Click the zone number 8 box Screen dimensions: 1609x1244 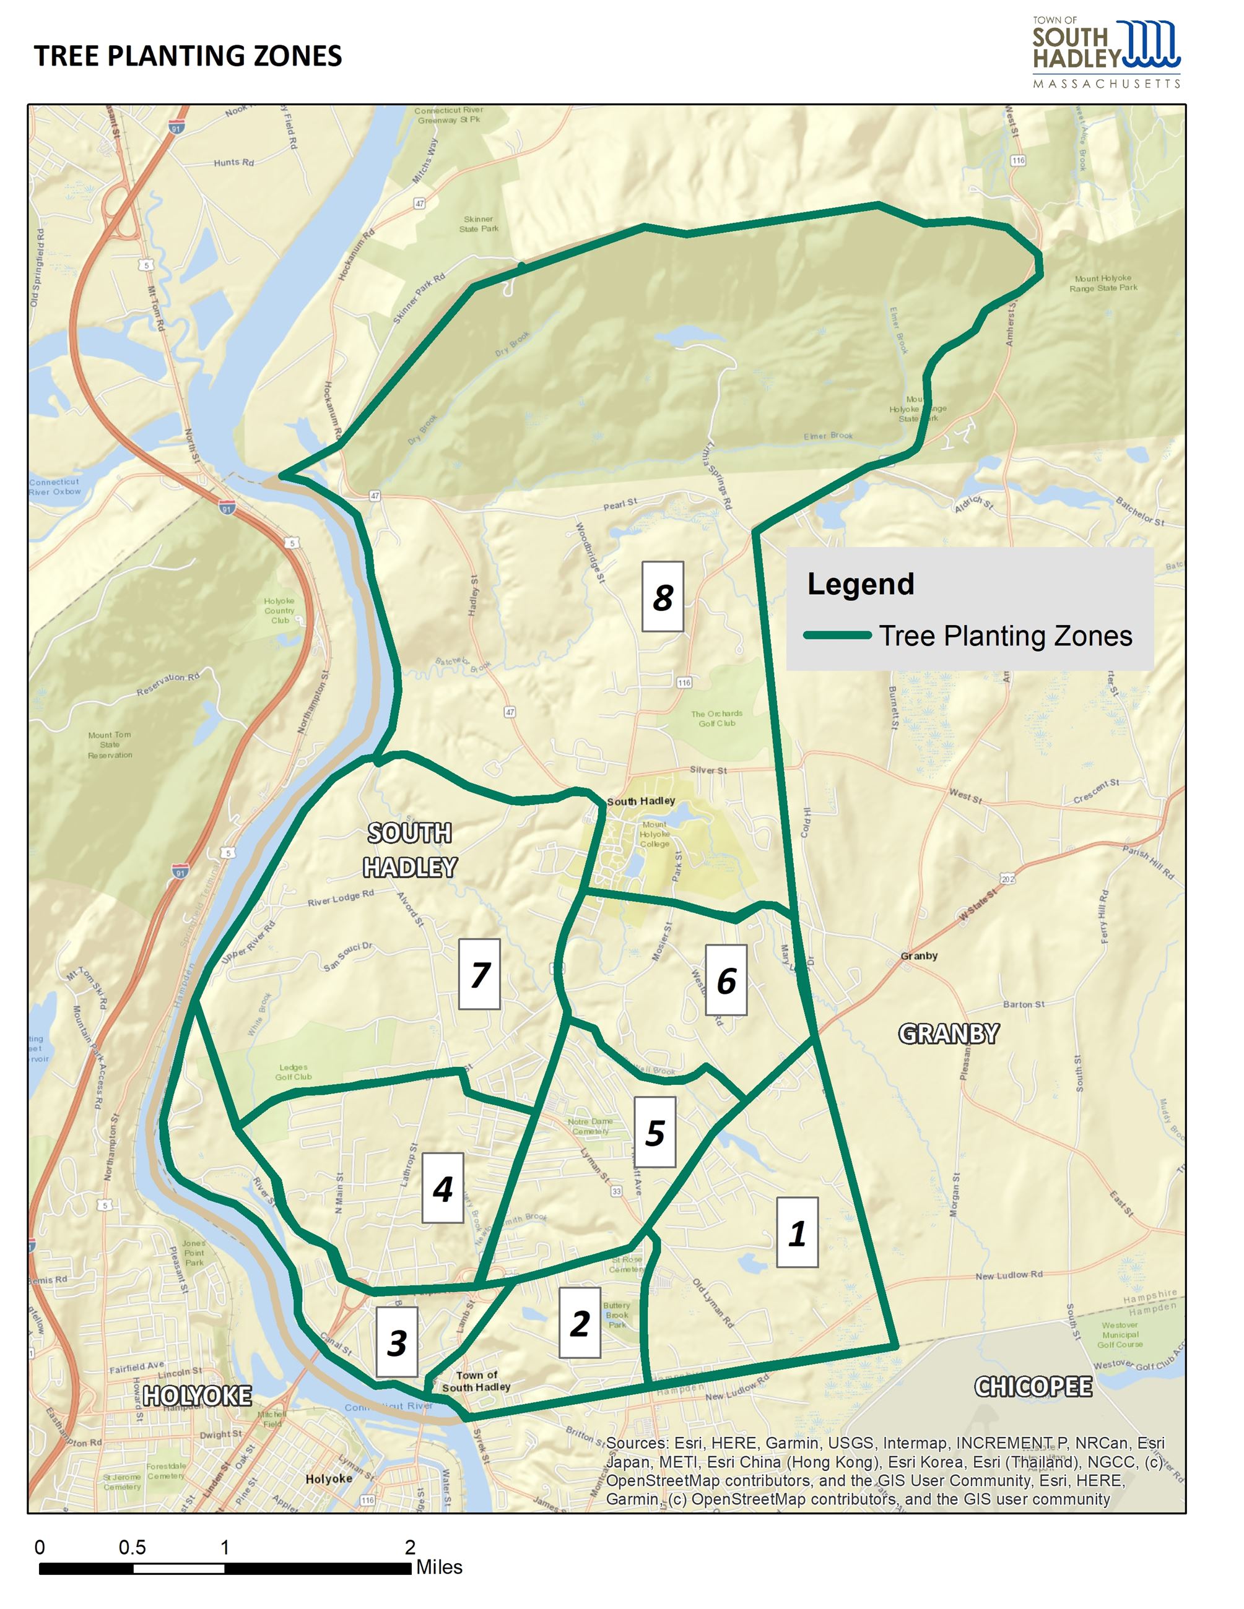[662, 597]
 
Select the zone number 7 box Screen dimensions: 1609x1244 [479, 974]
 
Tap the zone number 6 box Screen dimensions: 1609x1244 [726, 980]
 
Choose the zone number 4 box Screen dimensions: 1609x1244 [442, 1188]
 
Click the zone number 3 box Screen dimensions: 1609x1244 [396, 1342]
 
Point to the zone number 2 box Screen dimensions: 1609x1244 [579, 1323]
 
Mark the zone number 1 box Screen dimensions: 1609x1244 [797, 1233]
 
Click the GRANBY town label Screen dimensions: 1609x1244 [949, 1033]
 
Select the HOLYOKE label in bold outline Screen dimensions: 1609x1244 [197, 1395]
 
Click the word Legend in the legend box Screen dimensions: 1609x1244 [860, 584]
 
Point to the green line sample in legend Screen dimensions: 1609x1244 [837, 635]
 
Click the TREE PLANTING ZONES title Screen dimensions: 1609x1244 [188, 56]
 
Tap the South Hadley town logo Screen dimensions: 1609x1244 [1105, 53]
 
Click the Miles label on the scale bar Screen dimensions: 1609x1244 [439, 1567]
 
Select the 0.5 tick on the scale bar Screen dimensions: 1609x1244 [132, 1547]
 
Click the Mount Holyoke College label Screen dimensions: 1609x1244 [654, 834]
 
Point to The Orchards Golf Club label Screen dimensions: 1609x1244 [716, 718]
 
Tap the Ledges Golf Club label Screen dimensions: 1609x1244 [294, 1072]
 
